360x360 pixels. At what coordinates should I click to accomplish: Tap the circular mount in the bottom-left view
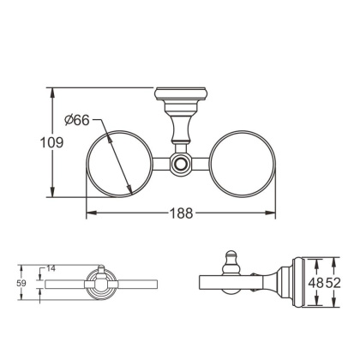[99, 281]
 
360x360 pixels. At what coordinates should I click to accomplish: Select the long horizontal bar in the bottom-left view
[129, 280]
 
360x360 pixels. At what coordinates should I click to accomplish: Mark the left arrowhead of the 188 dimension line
[89, 211]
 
